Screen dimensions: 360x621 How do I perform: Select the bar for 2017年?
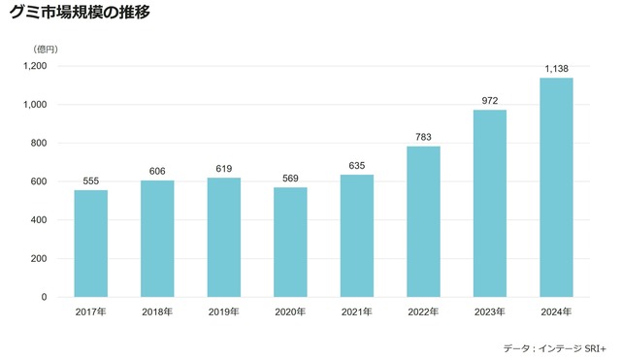coord(91,243)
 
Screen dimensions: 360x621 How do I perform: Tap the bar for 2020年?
coord(290,242)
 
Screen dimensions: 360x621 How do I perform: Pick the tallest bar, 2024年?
coord(556,187)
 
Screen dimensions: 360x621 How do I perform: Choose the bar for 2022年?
coord(423,221)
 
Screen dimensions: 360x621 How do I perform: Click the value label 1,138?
coord(556,68)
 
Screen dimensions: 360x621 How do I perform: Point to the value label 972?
coord(490,100)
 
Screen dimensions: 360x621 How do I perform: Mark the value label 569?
coord(290,178)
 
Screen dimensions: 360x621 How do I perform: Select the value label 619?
coord(224,168)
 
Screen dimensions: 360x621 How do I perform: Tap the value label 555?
coord(91,180)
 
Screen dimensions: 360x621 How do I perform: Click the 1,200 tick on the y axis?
coord(35,66)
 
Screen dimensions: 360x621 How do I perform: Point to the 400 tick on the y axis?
coord(39,220)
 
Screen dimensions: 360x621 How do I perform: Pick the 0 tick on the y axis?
coord(45,297)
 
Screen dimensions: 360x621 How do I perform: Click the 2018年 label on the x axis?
coord(157,312)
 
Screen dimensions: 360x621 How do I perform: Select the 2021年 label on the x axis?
coord(357,312)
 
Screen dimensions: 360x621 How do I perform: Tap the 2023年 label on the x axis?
coord(490,312)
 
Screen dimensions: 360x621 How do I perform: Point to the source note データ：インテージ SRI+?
coord(554,347)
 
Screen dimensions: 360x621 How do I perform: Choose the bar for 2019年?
coord(224,237)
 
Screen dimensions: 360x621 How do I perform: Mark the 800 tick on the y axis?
coord(39,143)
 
